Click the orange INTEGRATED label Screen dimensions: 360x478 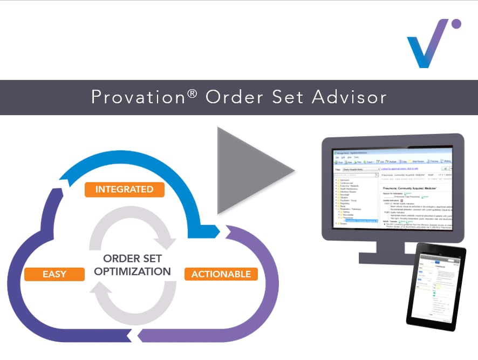[124, 189]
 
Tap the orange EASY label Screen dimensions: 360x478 [54, 274]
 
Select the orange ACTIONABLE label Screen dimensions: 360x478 [221, 274]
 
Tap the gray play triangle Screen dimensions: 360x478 [251, 170]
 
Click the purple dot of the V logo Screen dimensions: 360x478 [456, 24]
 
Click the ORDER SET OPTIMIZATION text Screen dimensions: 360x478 [133, 264]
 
